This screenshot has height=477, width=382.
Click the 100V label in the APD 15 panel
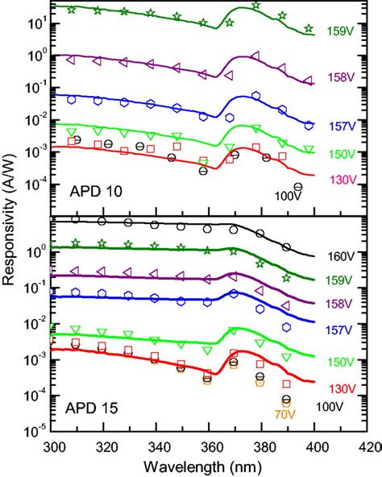click(331, 409)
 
